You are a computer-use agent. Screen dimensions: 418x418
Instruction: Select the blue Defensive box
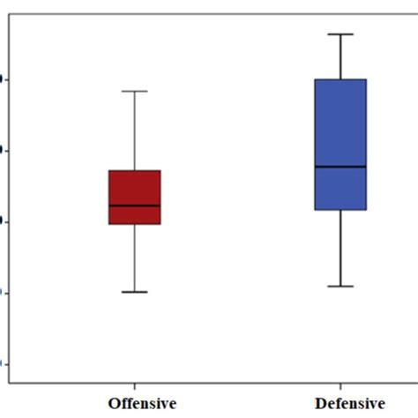click(340, 123)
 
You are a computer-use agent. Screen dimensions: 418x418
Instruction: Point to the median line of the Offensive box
click(134, 205)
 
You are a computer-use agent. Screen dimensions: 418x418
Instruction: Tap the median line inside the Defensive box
click(340, 166)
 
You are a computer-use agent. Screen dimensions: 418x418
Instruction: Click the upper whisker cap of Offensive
click(134, 91)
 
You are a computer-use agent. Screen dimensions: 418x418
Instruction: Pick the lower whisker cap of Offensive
click(134, 291)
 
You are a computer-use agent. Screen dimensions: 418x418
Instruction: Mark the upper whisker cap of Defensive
click(340, 34)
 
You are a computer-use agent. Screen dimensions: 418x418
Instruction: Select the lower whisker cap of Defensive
click(340, 286)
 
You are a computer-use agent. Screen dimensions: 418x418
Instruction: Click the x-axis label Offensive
click(142, 404)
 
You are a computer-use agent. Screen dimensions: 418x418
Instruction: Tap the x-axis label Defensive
click(349, 404)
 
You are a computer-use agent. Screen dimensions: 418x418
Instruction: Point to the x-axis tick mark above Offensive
click(134, 387)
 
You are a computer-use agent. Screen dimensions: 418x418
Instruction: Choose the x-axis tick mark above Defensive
click(340, 387)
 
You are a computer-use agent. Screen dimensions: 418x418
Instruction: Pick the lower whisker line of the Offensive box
click(134, 258)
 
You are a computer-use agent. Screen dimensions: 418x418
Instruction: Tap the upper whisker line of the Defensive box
click(340, 56)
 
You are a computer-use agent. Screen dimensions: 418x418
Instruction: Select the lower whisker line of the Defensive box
click(340, 248)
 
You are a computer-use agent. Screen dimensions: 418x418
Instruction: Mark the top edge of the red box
click(134, 170)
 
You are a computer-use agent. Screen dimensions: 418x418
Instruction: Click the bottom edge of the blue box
click(340, 210)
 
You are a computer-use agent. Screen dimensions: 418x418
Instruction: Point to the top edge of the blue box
click(340, 79)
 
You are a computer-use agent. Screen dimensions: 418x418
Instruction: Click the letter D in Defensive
click(320, 404)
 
